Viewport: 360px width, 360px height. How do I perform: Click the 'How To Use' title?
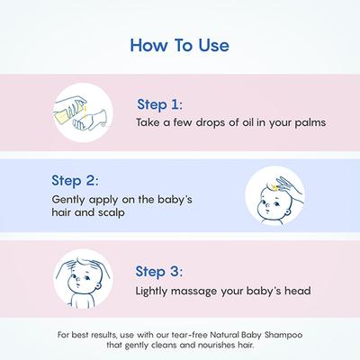point(180,45)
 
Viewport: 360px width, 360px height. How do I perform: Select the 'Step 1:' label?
point(159,104)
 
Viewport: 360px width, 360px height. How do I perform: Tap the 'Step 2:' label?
point(75,181)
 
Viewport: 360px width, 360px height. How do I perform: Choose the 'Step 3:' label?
point(158,272)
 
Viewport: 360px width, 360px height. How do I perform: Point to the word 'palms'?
point(310,123)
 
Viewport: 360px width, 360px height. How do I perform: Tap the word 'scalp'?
point(111,213)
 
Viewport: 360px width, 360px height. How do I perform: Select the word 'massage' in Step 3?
point(193,292)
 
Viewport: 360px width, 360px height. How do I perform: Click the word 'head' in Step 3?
point(298,291)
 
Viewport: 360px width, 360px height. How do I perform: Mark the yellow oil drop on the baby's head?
point(274,188)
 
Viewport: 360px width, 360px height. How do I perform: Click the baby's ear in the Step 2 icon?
point(288,213)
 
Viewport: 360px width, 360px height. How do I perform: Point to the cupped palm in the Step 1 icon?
point(90,120)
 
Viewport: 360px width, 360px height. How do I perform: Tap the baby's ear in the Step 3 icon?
point(98,286)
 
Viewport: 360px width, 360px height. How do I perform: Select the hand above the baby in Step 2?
point(289,187)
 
